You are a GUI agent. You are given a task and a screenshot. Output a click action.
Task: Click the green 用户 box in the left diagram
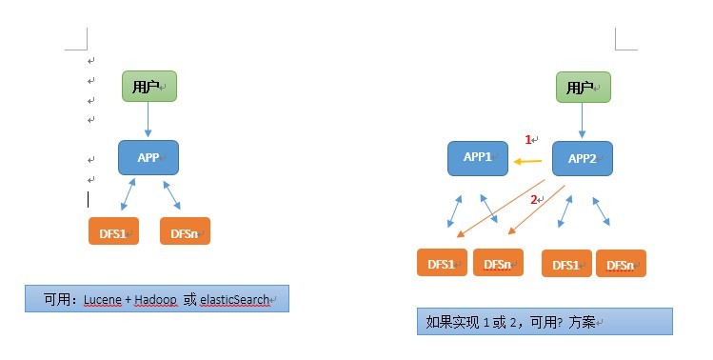point(149,86)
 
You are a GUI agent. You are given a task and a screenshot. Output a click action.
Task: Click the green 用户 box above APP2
point(584,87)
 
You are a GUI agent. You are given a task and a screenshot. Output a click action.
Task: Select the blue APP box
point(149,157)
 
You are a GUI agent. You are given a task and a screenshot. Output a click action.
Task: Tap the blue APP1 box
point(478,158)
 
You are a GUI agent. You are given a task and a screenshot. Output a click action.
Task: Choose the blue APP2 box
point(583,158)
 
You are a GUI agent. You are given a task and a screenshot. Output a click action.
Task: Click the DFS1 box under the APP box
point(113,230)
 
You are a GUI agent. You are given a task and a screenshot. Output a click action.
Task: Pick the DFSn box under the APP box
point(185,230)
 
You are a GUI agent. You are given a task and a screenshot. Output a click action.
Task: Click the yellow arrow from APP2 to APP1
point(527,161)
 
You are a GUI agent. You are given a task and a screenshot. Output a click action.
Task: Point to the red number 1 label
point(528,140)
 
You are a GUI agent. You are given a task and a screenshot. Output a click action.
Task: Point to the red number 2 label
point(533,199)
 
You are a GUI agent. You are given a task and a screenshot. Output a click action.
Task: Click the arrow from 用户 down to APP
point(148,119)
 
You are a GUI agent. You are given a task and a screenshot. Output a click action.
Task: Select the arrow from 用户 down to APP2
point(582,121)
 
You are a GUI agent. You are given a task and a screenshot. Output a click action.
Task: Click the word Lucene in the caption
point(103,300)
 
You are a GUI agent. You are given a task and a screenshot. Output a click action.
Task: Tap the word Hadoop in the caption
point(155,300)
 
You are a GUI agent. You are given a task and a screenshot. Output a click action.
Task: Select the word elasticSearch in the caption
point(234,300)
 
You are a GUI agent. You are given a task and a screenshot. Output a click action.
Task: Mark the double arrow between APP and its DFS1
point(129,194)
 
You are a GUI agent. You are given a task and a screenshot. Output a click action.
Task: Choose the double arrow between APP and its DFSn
point(172,195)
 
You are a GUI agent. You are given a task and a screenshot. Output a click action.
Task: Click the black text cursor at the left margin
point(88,199)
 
